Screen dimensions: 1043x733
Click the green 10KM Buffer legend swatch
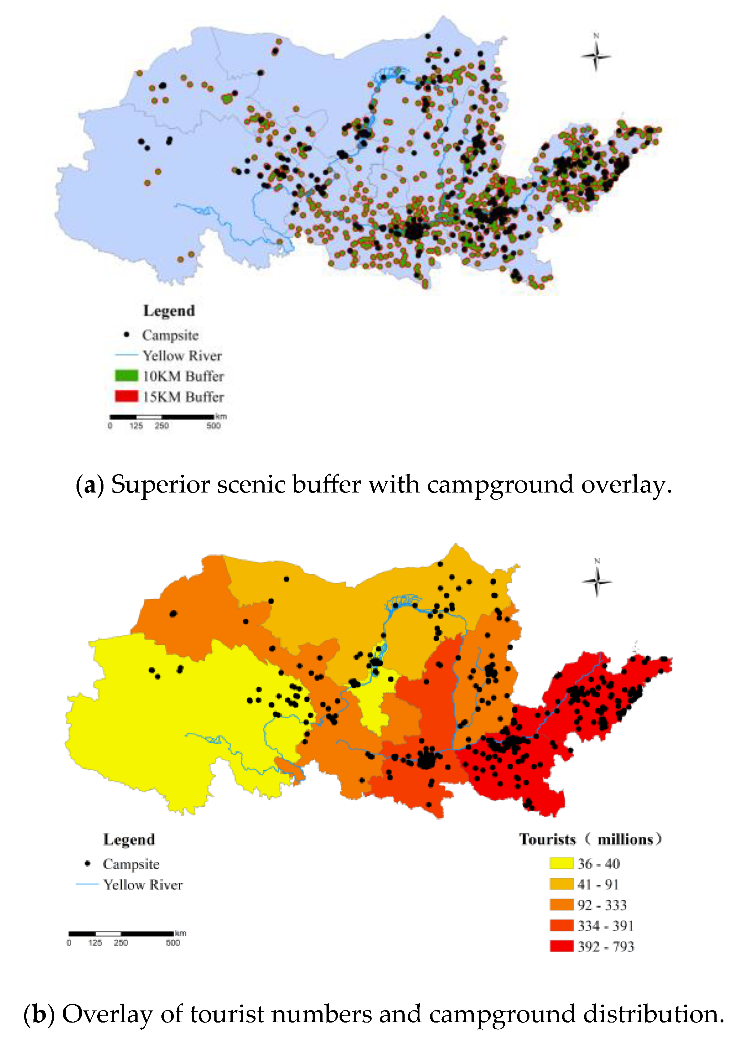point(126,376)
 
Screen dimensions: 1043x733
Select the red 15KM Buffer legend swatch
point(126,396)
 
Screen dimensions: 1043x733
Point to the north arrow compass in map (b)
point(597,581)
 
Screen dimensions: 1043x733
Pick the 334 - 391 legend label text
point(605,925)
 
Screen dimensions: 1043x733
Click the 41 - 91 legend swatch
point(561,884)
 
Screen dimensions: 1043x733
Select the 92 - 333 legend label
point(602,905)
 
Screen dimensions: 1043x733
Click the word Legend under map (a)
point(169,311)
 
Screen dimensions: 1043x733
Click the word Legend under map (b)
point(129,839)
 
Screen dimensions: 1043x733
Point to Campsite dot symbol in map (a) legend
point(127,335)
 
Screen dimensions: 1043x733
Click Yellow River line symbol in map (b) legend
point(87,884)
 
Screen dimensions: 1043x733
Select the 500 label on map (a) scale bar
point(213,426)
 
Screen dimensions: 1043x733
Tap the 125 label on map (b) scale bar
point(95,943)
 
